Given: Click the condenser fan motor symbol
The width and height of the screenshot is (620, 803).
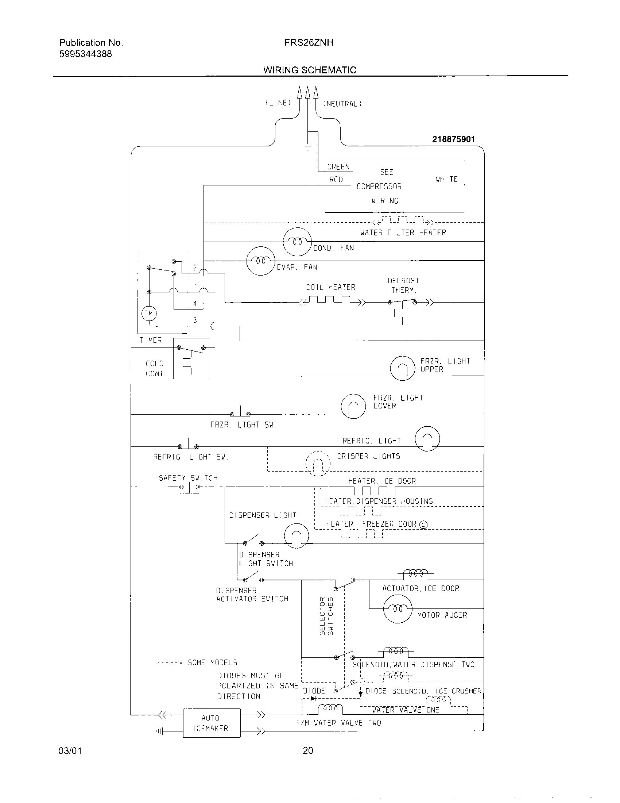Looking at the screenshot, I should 297,242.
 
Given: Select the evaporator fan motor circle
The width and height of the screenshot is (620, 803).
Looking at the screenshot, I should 260,261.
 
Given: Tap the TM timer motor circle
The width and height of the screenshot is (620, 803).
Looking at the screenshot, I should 149,314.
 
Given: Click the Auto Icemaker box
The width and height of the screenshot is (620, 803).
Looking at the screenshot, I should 212,723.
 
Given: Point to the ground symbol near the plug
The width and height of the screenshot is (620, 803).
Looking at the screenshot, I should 307,147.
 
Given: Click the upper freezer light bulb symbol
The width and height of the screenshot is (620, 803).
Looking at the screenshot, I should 402,368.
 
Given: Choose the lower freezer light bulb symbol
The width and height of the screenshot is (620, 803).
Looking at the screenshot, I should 353,406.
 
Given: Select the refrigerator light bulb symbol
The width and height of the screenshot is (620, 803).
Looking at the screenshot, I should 427,438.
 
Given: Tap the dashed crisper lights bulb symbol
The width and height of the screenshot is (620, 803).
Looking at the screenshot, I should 318,464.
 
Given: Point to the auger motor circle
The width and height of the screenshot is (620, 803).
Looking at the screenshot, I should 398,608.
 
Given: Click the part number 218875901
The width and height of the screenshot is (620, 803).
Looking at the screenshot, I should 454,139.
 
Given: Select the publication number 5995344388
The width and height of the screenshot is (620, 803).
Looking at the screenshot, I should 86,54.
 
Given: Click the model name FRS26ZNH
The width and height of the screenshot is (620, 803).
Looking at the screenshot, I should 309,43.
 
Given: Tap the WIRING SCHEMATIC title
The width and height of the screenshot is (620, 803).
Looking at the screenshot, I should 310,70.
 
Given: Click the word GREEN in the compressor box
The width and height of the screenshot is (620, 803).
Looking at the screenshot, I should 338,167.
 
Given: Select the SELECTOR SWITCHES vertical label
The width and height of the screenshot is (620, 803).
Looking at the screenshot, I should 326,615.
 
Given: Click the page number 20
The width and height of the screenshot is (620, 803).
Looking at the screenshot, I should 308,750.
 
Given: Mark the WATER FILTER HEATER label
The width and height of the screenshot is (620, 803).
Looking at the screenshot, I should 403,233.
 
